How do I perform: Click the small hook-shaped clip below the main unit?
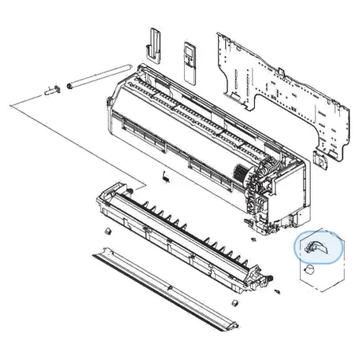(163, 174)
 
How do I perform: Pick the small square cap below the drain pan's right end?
(236, 303)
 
